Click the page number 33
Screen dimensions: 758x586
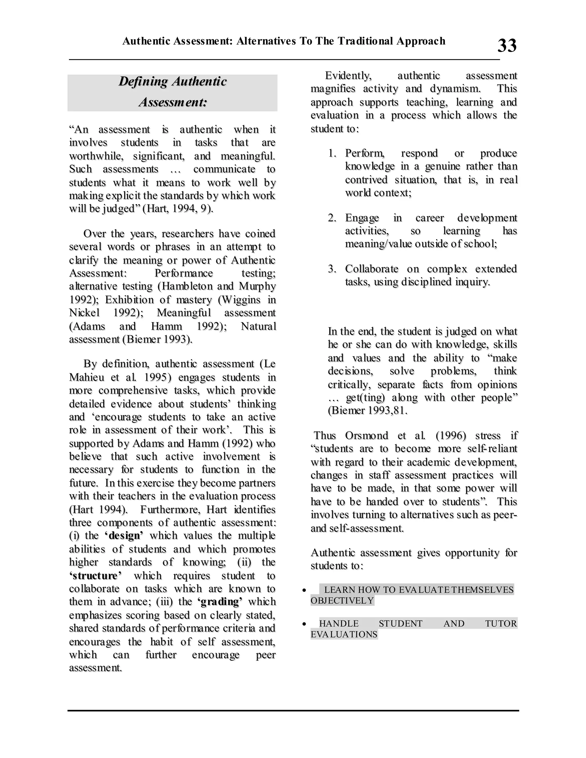507,45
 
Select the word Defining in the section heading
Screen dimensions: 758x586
143,82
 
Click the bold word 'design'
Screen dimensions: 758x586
124,535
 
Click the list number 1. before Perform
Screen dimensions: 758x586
332,153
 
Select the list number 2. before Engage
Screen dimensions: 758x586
332,218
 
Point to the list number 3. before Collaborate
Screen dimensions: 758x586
332,269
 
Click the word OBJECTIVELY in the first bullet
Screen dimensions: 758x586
342,601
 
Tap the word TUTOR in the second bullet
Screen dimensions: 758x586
501,623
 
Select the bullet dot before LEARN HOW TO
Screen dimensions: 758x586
304,590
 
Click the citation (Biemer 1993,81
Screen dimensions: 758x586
367,411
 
